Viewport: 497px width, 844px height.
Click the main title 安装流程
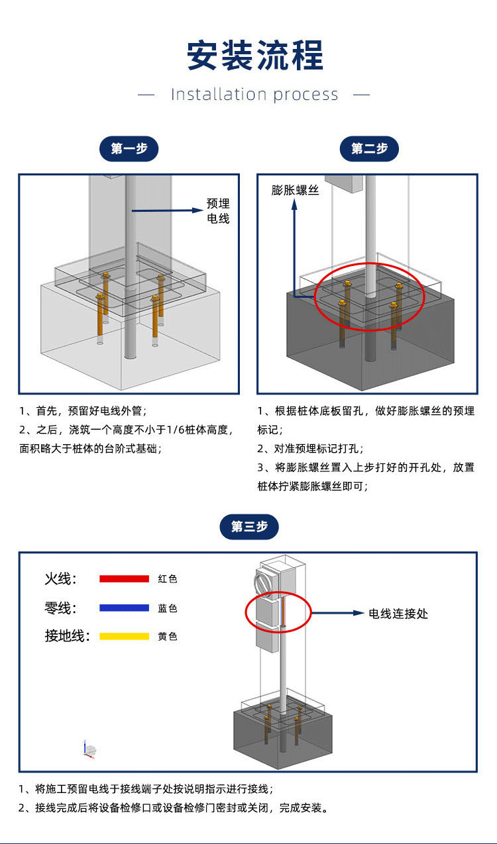click(255, 56)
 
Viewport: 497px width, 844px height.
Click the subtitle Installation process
click(254, 95)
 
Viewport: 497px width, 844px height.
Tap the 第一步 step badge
click(129, 148)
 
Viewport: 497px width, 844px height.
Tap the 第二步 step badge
click(369, 148)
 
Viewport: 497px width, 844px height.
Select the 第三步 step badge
click(249, 526)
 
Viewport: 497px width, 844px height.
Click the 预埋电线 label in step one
click(218, 211)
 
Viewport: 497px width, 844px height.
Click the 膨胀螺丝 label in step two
click(296, 191)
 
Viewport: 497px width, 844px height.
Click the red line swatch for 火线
click(124, 579)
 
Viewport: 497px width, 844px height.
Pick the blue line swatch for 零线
click(124, 608)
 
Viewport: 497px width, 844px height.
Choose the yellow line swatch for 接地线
click(124, 636)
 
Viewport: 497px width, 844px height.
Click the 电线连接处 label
click(398, 614)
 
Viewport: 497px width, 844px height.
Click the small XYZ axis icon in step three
click(89, 749)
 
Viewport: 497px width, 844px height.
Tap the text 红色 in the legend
click(168, 579)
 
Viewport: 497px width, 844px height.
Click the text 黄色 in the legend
click(168, 637)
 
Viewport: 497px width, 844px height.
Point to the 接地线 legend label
click(66, 636)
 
